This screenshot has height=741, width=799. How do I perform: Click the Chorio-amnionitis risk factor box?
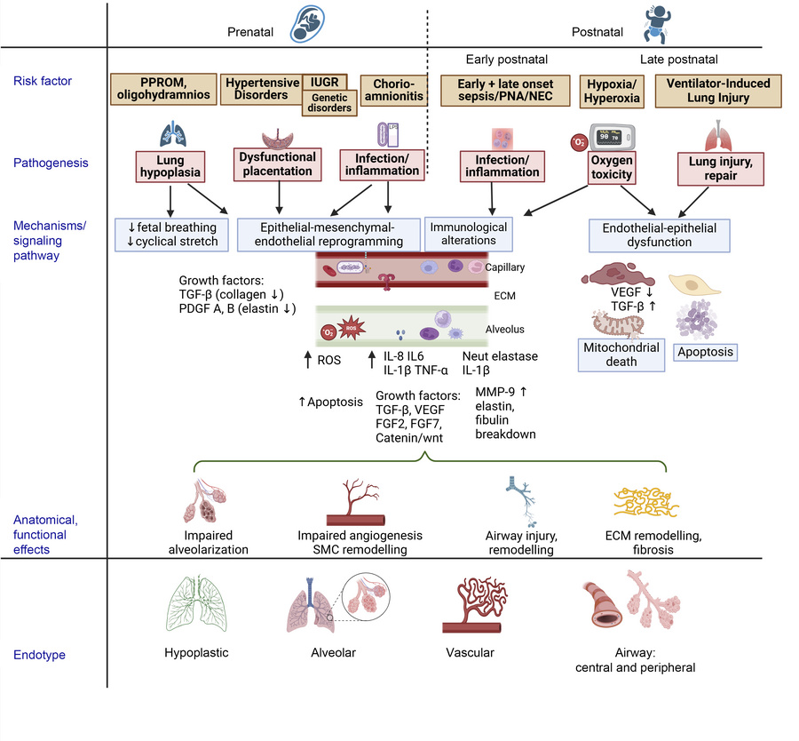point(393,89)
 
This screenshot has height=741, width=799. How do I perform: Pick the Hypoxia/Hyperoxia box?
point(611,90)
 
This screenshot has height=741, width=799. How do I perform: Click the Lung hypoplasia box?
point(171,169)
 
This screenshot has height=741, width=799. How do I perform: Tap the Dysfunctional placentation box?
point(277,163)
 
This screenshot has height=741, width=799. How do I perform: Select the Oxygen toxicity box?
point(613,169)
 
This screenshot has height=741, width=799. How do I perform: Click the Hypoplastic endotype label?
point(196,652)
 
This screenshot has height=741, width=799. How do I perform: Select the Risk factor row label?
point(43,82)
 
